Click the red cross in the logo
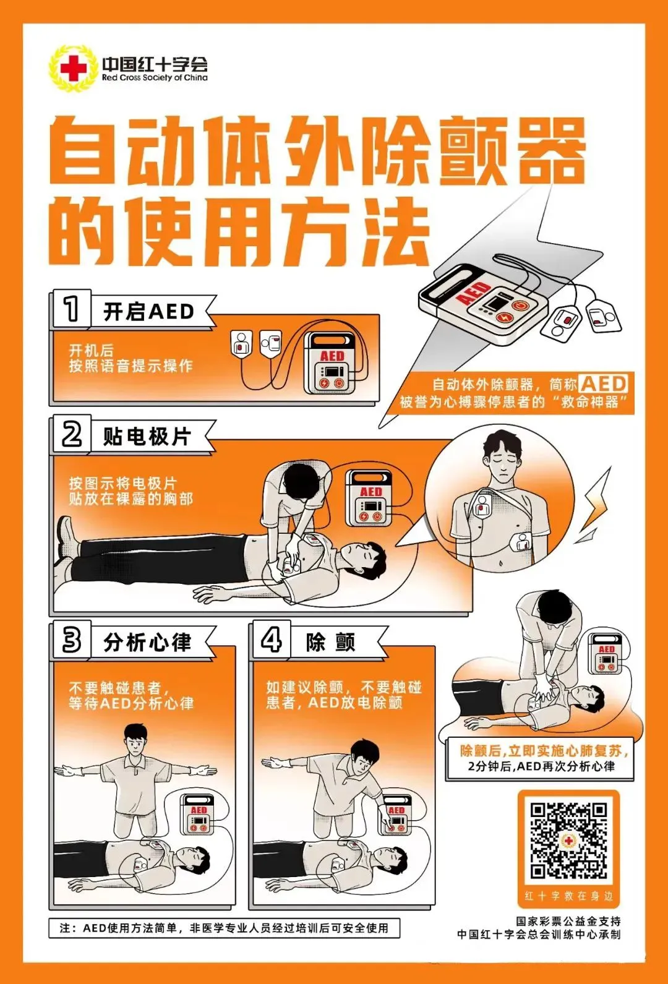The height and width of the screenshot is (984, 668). point(74,68)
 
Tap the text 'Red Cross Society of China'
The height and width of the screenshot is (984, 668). point(155,78)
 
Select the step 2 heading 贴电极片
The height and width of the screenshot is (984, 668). point(147,437)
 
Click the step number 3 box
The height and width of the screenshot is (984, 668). point(71,640)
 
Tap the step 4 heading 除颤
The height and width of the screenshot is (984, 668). point(330,643)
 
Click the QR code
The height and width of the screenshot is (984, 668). point(568,841)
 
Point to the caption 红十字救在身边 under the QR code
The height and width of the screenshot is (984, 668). point(568,896)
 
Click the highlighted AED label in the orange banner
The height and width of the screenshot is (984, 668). point(604,383)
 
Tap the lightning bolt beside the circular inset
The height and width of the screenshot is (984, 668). point(594,504)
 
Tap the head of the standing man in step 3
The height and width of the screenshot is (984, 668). point(135,738)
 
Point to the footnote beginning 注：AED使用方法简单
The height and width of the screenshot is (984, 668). point(224,928)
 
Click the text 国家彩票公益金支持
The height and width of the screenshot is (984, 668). point(568,921)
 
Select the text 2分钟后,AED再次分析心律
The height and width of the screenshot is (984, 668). point(541,766)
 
